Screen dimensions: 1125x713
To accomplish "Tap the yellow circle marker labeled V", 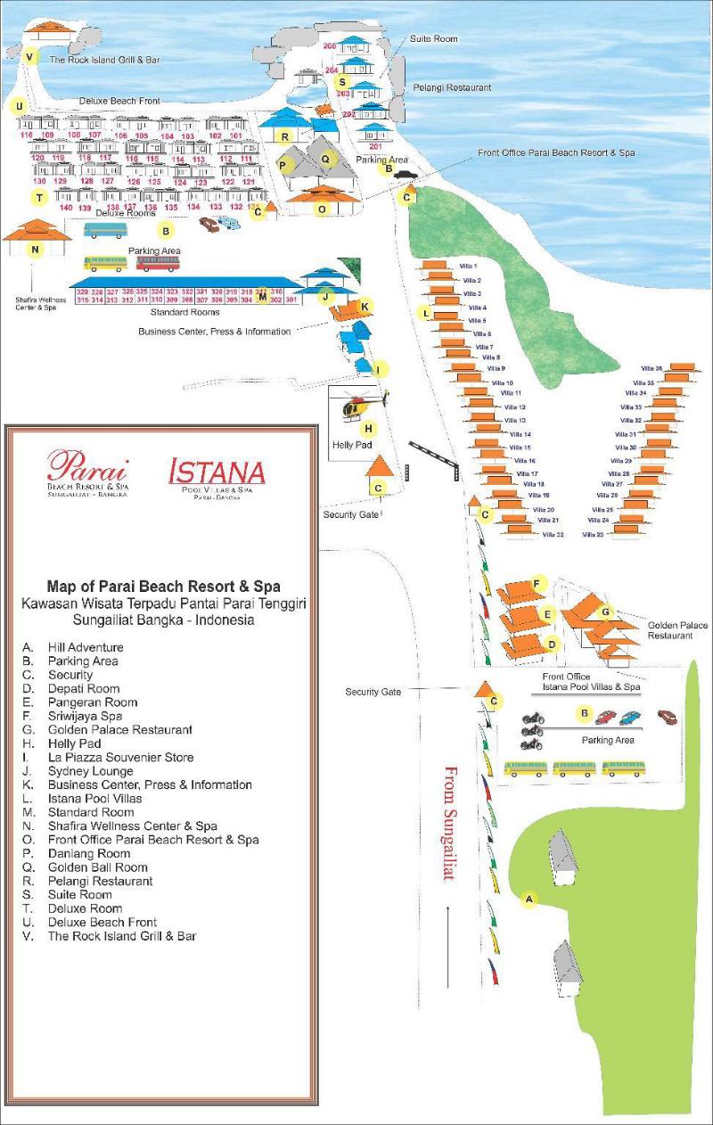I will [30, 58].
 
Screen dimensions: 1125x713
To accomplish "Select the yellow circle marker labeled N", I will [35, 250].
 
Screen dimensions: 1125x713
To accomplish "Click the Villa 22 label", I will [553, 535].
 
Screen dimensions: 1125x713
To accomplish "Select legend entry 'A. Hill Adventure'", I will [73, 647].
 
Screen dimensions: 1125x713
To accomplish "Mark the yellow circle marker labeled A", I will [529, 899].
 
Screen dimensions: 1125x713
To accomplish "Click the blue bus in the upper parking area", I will [104, 231].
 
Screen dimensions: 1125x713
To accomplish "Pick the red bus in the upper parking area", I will [158, 263].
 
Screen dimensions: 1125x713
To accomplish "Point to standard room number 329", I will [83, 292].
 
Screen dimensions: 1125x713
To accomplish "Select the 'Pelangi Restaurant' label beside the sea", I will [452, 88].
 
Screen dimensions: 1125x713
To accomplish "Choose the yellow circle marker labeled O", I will [323, 209].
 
